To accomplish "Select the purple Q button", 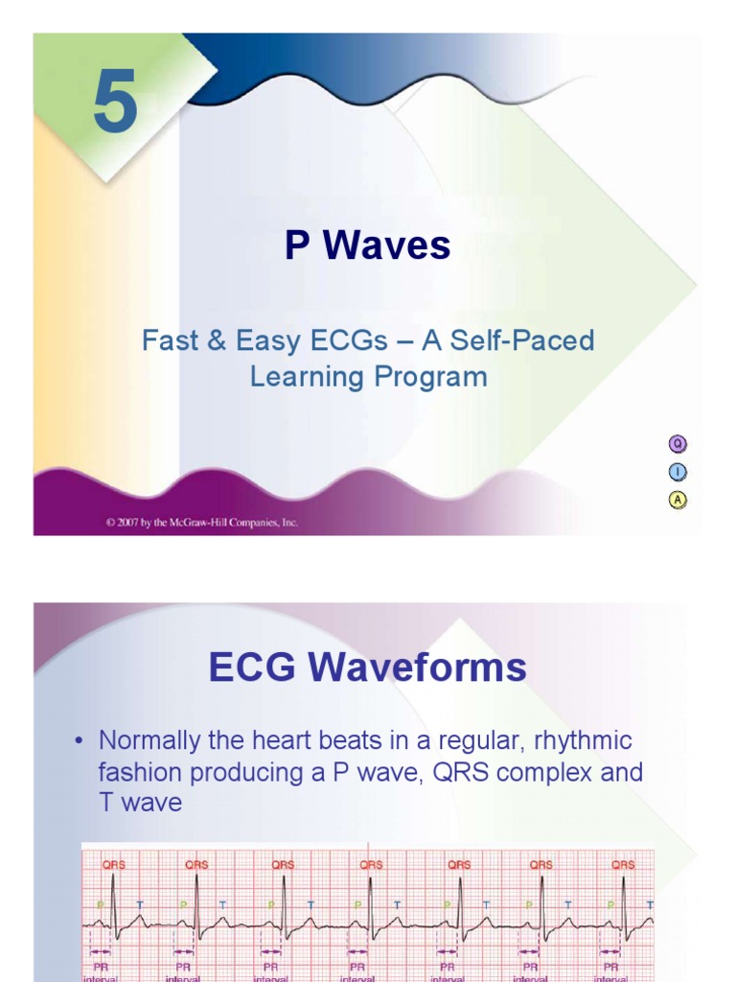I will click(678, 443).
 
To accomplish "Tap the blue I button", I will click(678, 472).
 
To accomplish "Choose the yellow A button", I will click(678, 500).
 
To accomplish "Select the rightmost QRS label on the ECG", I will click(623, 864).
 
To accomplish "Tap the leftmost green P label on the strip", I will click(100, 904).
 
